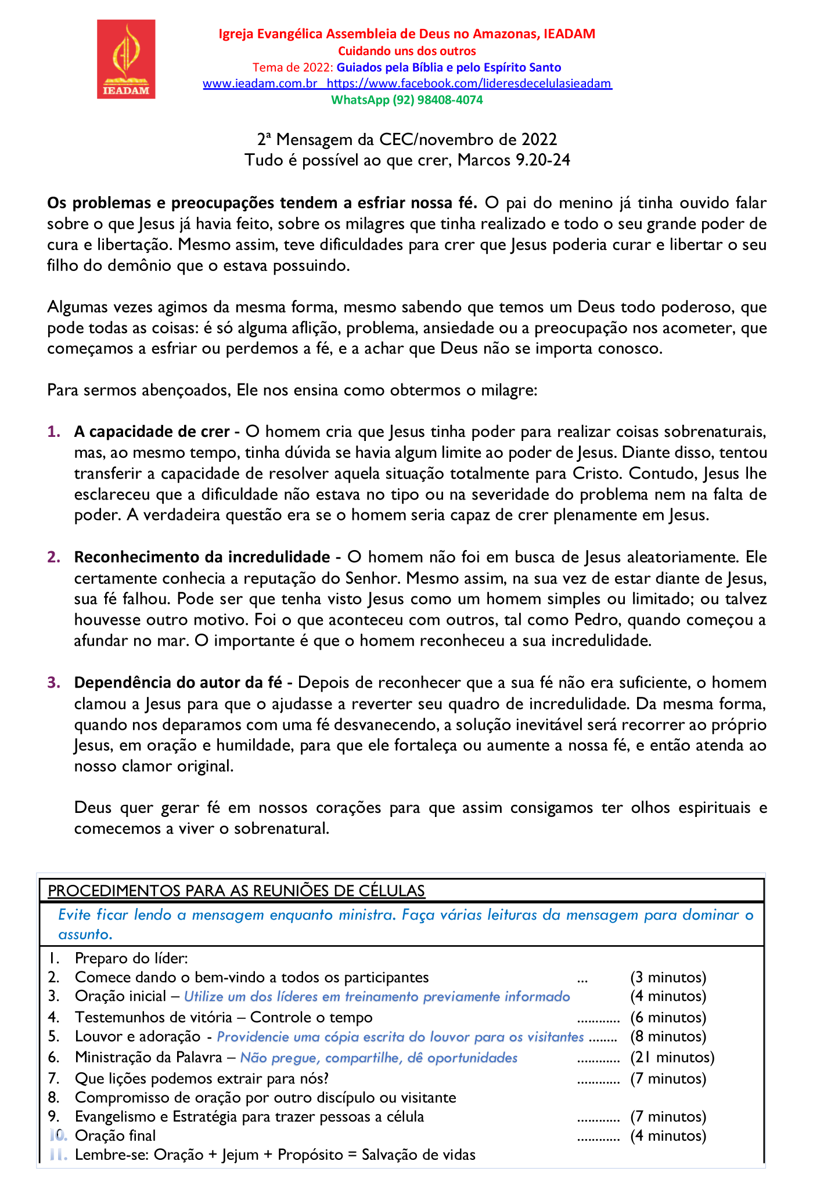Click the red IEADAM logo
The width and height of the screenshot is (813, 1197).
pos(126,59)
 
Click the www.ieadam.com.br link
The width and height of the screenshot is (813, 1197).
pos(260,84)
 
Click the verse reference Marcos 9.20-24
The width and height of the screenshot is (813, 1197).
pos(514,160)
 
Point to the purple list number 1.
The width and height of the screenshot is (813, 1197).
pos(53,432)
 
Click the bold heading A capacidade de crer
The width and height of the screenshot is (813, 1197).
pos(152,432)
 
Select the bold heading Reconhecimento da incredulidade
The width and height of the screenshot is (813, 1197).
pos(202,557)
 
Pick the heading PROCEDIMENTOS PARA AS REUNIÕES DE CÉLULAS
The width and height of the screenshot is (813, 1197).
pos(236,891)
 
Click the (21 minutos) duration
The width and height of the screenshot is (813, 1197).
pos(672,1057)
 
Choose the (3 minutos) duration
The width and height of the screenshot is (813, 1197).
pos(668,978)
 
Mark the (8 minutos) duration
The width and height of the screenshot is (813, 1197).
pos(668,1036)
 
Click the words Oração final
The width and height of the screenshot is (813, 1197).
pos(115,1135)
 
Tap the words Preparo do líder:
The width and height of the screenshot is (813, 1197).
pos(131,959)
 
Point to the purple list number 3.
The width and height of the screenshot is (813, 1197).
pos(53,682)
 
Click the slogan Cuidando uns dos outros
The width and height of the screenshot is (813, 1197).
pos(406,51)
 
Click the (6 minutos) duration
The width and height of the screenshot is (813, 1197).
pos(668,1017)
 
